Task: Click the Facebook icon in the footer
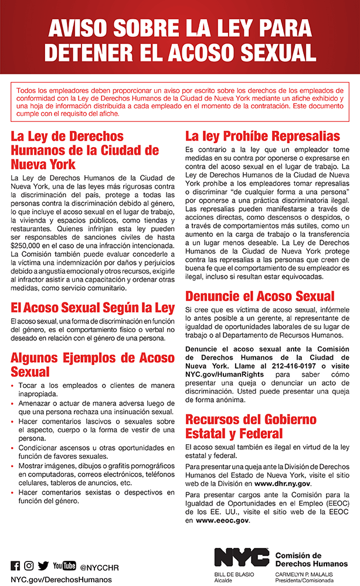(16, 566)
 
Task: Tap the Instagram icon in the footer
(29, 566)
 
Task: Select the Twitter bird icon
(43, 566)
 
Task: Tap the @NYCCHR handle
(99, 567)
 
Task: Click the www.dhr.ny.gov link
(282, 483)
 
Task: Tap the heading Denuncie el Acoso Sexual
(260, 297)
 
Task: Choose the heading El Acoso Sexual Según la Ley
(93, 307)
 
